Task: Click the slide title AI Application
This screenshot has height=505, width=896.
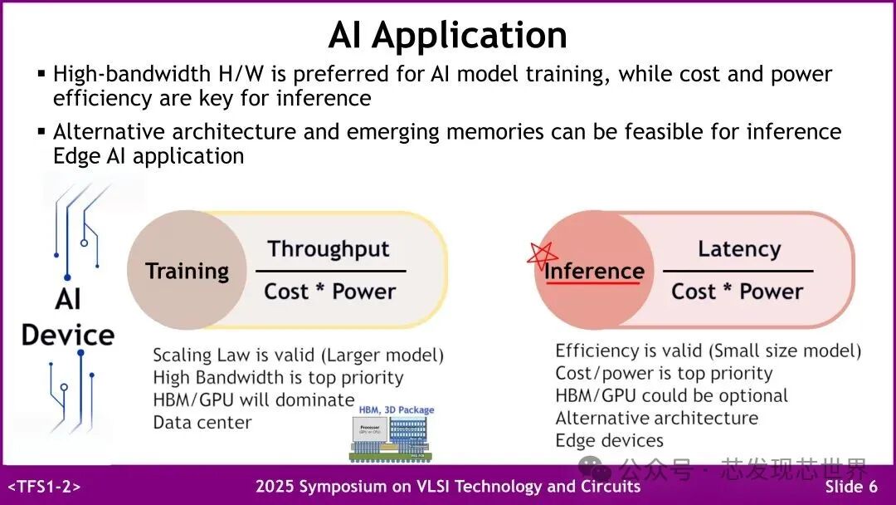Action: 447,35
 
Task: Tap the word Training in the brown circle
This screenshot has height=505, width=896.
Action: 187,272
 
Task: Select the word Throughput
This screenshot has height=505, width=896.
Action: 329,249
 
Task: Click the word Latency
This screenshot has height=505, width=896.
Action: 738,249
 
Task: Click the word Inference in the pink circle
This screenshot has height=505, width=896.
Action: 594,271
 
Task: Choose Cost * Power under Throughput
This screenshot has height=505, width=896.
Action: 329,292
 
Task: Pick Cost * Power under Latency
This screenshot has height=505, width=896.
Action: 737,292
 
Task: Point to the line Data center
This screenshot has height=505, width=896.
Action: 202,423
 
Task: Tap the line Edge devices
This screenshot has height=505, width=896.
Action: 609,440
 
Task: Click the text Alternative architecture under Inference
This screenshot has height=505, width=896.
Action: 656,418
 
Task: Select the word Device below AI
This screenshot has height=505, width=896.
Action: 68,336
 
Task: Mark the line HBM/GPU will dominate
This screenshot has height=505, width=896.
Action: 253,400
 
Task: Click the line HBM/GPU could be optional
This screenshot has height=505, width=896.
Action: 671,395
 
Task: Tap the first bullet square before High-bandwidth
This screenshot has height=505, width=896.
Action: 41,74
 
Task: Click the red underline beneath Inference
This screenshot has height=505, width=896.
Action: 592,284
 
